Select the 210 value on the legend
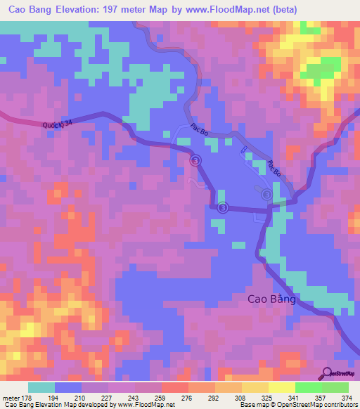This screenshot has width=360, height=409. [82, 398]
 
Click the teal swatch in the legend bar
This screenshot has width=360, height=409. [41, 387]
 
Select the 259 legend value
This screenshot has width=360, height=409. [162, 398]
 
